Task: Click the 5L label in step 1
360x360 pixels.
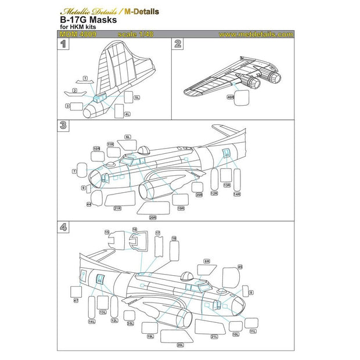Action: point(137,98)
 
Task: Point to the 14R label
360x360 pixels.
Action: point(236,194)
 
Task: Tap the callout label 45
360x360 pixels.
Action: point(240,267)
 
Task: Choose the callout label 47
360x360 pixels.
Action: point(75,300)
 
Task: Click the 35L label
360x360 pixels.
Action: point(131,324)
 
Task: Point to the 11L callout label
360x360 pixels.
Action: point(253,331)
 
